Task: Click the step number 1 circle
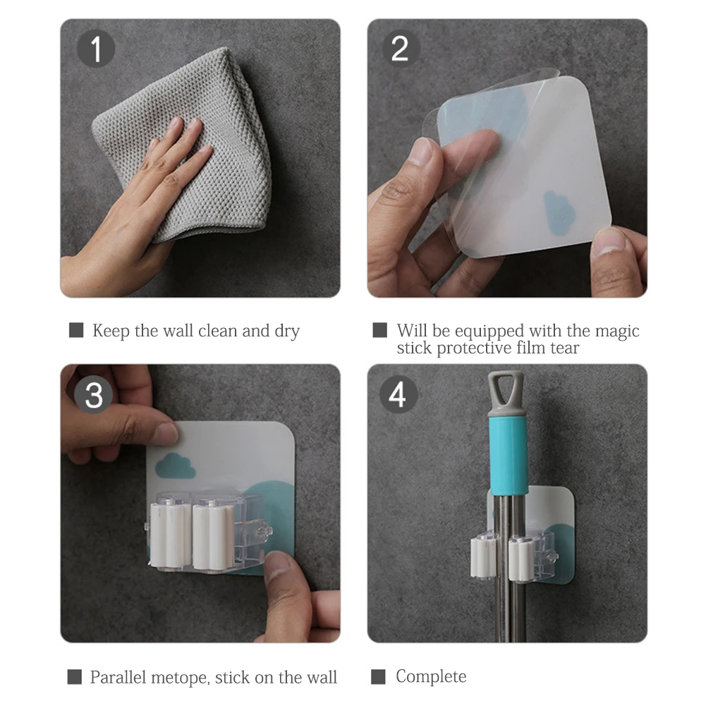(95, 48)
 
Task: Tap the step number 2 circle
(401, 48)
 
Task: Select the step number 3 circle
(93, 395)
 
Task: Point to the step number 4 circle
(398, 394)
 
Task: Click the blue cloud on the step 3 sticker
(175, 466)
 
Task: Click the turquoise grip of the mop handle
(509, 456)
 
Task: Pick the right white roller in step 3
(214, 537)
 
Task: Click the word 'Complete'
(431, 677)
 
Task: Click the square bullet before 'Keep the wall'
(76, 330)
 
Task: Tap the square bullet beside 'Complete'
(378, 677)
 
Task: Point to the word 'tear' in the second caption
(564, 348)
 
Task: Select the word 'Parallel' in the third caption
(118, 677)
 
